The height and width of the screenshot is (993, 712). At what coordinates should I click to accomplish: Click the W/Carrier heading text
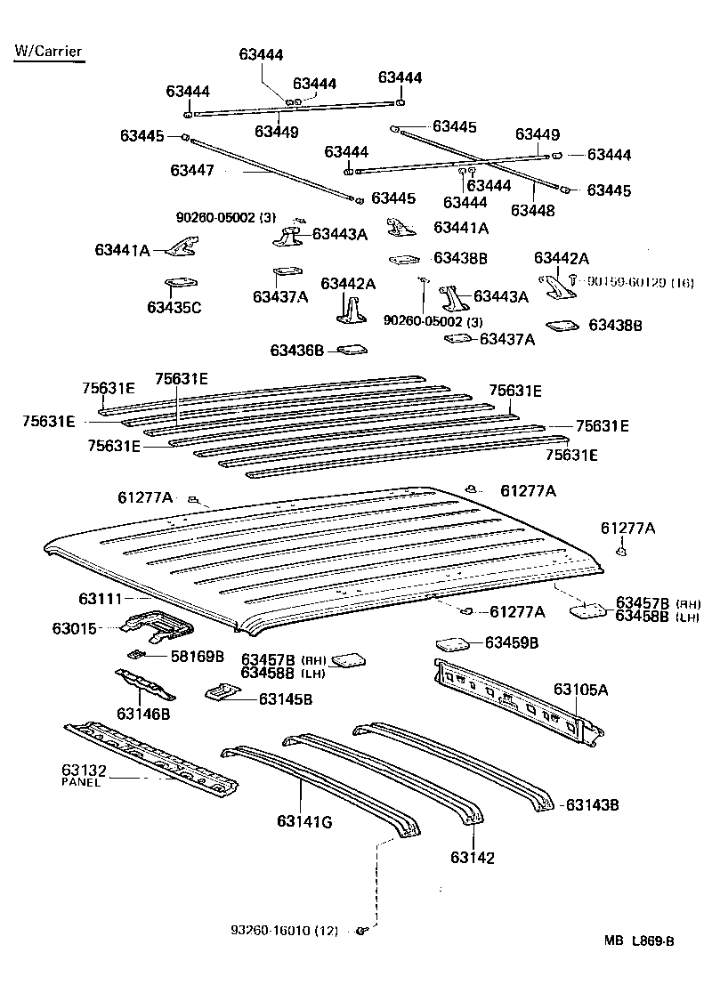[x=48, y=51]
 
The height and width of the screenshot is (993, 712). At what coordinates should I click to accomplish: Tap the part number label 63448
[x=532, y=211]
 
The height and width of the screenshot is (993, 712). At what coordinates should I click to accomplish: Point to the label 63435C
[x=174, y=308]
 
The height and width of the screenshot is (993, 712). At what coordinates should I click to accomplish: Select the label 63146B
[x=143, y=714]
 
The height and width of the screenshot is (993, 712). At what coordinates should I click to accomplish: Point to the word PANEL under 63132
[x=83, y=782]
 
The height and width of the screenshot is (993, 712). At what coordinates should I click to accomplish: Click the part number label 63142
[x=472, y=858]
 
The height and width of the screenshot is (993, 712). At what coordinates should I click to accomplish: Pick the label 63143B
[x=592, y=805]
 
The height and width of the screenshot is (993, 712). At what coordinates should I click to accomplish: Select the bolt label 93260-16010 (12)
[x=284, y=931]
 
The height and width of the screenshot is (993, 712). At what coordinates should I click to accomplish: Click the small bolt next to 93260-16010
[x=362, y=931]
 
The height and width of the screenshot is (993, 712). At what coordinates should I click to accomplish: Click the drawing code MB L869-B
[x=639, y=965]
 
